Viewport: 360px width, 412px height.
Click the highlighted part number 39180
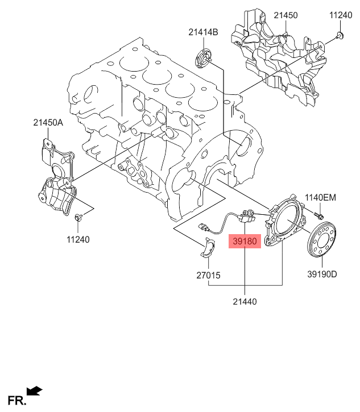click(x=245, y=241)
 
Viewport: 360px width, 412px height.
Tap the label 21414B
click(x=203, y=33)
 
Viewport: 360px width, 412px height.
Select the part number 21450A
click(x=49, y=122)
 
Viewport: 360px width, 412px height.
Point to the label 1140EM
click(x=321, y=198)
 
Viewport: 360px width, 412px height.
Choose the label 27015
click(x=209, y=276)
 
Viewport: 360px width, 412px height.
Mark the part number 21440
click(x=245, y=301)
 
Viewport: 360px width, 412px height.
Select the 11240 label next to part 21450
click(x=341, y=15)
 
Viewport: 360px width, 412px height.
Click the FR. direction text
click(x=16, y=401)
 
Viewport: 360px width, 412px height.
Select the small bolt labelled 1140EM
click(x=318, y=215)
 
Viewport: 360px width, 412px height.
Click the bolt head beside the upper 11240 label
click(x=340, y=37)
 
